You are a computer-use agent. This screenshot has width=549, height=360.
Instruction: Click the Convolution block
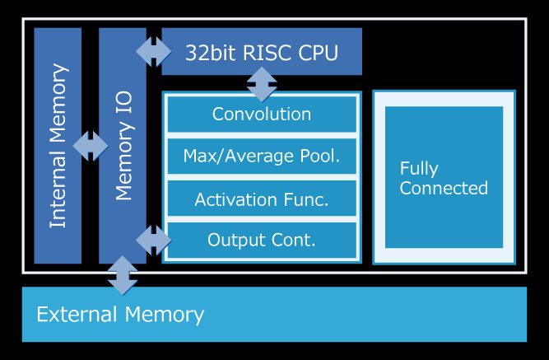point(262,115)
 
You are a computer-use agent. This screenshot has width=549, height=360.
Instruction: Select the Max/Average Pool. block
point(262,157)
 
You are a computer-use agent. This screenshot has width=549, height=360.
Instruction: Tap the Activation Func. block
point(262,199)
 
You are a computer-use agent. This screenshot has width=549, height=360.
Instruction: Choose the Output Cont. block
point(262,241)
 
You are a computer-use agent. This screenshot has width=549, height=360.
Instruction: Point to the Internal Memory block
point(58,146)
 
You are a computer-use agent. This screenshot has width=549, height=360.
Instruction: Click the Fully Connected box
point(444,177)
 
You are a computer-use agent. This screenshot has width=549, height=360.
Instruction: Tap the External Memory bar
point(274,314)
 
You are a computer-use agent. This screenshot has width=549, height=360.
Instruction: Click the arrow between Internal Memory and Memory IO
point(90,146)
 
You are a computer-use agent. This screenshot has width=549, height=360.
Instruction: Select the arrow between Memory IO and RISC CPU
point(154,52)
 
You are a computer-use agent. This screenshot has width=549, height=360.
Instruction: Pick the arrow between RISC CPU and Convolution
point(262,83)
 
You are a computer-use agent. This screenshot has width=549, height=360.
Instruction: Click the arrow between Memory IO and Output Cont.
point(154,241)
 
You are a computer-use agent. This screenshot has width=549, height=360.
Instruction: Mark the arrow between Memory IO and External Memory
point(123,274)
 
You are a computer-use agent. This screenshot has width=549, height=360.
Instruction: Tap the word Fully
point(419,168)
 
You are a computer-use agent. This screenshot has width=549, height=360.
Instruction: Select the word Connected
point(444,188)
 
